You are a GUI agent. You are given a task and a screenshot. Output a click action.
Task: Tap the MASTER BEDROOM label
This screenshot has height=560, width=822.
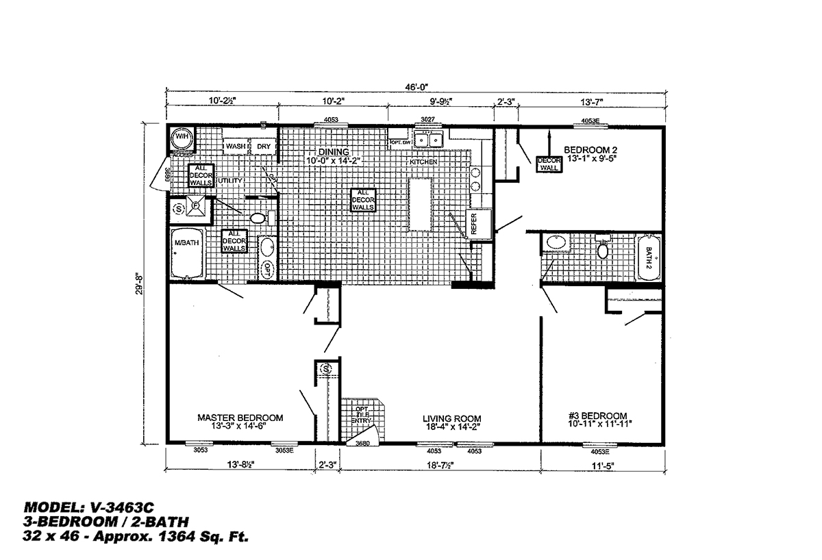click(x=240, y=417)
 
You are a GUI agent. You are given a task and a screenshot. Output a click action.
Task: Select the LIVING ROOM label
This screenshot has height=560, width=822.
click(x=451, y=418)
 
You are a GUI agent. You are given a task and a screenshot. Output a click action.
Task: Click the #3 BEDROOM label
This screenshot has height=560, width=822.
click(x=597, y=416)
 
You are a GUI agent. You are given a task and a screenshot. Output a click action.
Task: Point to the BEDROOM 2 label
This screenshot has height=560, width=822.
click(x=592, y=149)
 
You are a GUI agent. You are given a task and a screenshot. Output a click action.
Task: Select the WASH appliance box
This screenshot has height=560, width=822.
click(x=236, y=147)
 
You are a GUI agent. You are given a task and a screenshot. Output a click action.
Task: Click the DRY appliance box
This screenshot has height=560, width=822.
click(x=264, y=147)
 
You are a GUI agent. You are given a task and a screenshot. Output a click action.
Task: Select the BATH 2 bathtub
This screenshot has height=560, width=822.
click(x=649, y=258)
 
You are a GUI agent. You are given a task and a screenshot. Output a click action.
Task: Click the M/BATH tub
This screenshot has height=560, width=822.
click(x=186, y=253)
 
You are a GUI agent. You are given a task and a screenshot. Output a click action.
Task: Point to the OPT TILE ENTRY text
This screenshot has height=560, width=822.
click(x=362, y=416)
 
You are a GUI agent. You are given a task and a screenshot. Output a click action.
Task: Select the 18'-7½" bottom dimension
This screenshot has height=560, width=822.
click(x=438, y=466)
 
